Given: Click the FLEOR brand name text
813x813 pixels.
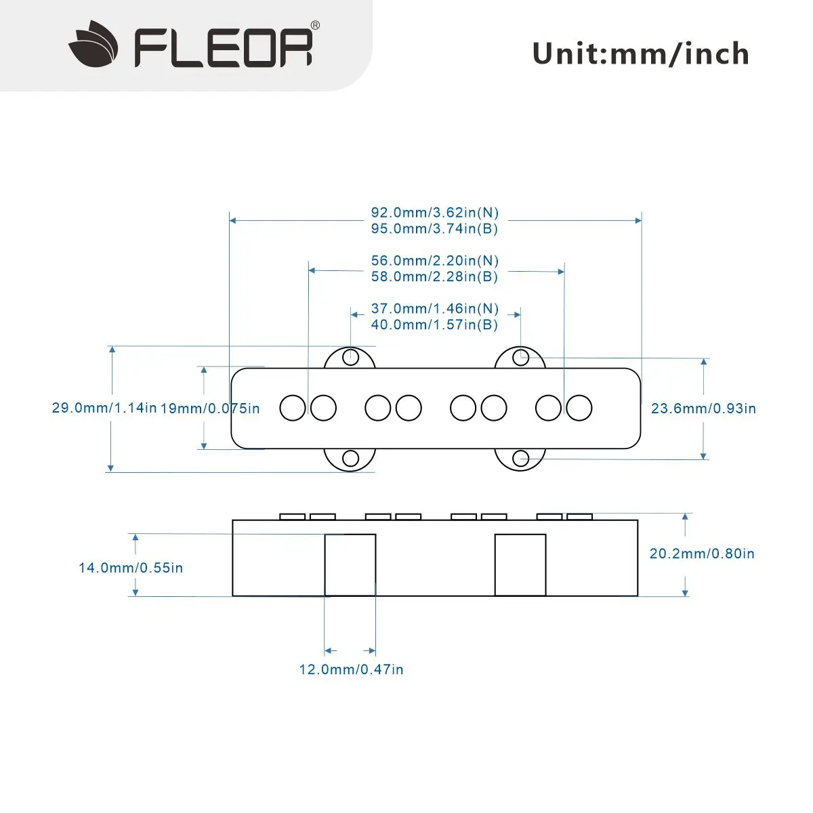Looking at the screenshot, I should (224, 46).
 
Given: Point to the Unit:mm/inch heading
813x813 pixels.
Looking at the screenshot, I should (640, 54).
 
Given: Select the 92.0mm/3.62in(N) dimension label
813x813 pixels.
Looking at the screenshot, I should (434, 213).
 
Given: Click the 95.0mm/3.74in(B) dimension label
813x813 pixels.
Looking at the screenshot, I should (434, 229).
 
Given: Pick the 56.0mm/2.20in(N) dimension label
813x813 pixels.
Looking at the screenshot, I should (434, 261).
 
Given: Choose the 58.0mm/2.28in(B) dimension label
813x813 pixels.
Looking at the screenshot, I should (434, 277).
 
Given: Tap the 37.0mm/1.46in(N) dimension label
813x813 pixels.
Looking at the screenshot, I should (434, 309).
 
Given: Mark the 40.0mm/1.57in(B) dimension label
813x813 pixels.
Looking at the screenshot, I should (434, 325).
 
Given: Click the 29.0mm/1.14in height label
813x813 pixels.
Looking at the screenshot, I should (104, 408).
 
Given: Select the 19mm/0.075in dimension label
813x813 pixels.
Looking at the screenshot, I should (210, 409).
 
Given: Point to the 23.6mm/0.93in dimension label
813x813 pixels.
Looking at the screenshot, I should (703, 409).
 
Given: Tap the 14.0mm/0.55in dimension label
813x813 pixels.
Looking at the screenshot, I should (131, 568).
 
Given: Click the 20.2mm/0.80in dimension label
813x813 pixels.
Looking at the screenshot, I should (702, 554).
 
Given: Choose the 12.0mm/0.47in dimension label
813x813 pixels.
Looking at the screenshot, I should (351, 669).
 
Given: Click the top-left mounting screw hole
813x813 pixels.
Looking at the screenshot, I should (350, 356).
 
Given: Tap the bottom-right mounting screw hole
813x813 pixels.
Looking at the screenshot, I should (520, 459).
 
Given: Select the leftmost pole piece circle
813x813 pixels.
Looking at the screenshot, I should (293, 408).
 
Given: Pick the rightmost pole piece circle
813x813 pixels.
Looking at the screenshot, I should (579, 408).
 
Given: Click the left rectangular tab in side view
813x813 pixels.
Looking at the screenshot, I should (350, 565).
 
